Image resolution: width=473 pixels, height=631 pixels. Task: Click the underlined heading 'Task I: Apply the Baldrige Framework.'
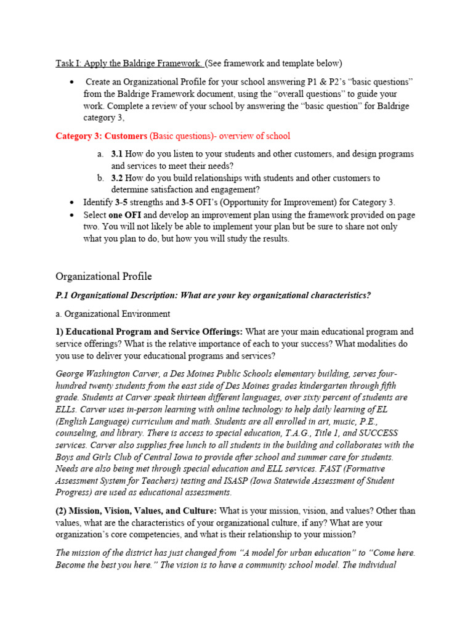coord(129,63)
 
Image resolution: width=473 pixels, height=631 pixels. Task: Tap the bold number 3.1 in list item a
coord(117,154)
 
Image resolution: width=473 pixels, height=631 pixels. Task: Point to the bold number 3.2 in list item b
coord(117,178)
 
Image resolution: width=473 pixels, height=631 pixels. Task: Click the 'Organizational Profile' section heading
coord(103,276)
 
